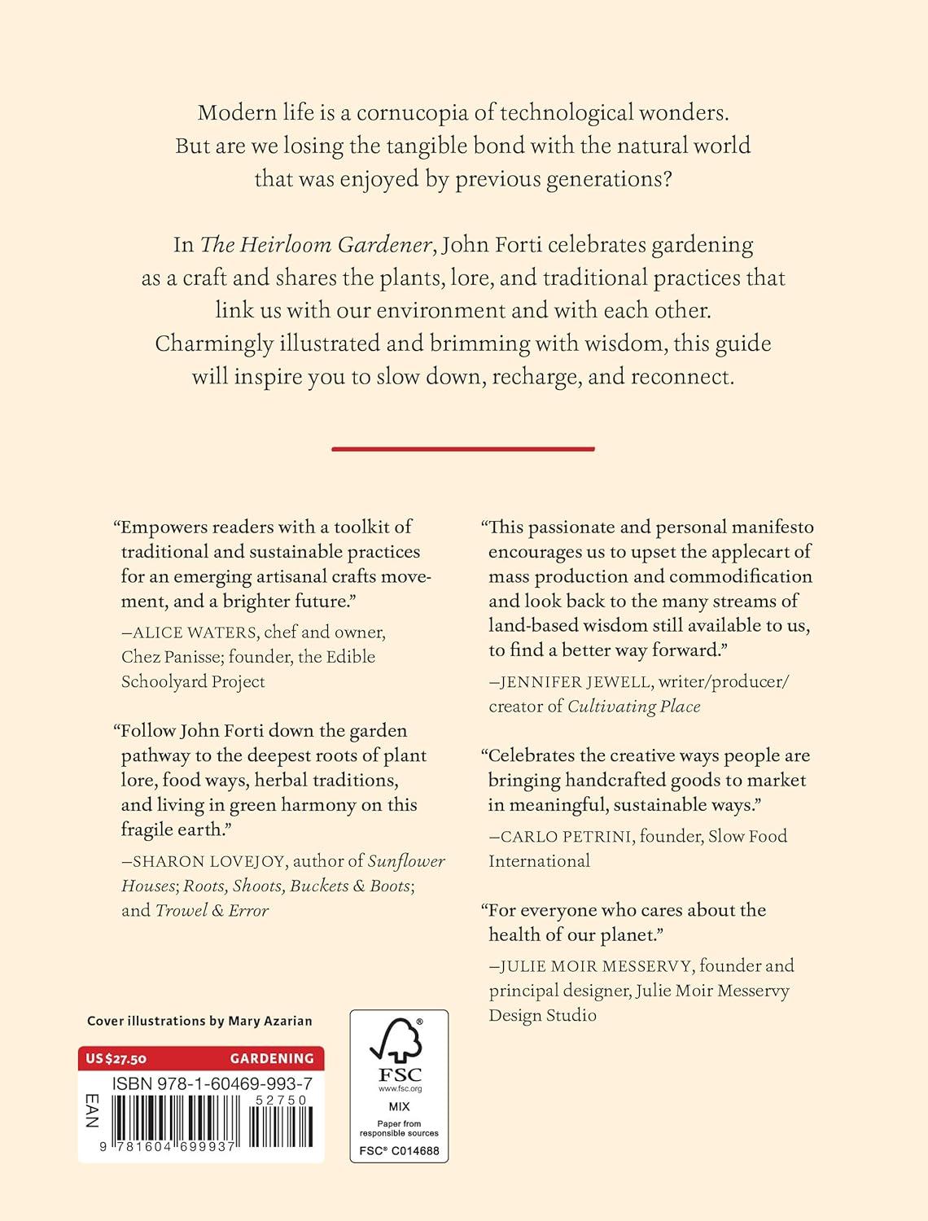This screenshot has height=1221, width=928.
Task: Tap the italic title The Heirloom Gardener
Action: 316,245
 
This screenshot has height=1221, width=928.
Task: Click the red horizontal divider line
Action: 463,449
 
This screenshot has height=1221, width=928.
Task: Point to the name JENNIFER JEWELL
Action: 576,682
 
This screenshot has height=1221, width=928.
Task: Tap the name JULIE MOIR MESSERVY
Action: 597,966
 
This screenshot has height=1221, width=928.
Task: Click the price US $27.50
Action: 116,1058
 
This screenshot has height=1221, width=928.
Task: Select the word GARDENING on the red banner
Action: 272,1058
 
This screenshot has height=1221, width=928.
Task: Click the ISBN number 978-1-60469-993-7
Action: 212,1083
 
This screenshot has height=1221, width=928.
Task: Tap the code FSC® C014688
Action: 399,1151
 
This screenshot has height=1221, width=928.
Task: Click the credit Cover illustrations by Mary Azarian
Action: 199,1021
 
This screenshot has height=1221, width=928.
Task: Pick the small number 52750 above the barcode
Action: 281,1100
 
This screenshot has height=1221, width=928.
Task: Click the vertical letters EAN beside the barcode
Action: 92,1111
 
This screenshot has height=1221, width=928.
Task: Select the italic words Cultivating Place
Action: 633,707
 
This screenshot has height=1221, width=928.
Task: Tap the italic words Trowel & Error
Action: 212,911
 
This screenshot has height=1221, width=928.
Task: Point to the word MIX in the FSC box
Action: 399,1107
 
